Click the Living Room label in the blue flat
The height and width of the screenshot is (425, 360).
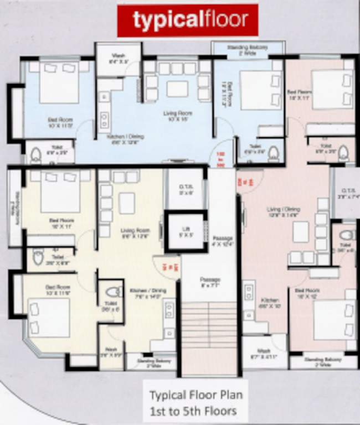177,117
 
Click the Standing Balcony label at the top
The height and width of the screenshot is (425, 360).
248,50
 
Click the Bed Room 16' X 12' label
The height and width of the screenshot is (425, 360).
308,293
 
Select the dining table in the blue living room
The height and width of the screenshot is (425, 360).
177,89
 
